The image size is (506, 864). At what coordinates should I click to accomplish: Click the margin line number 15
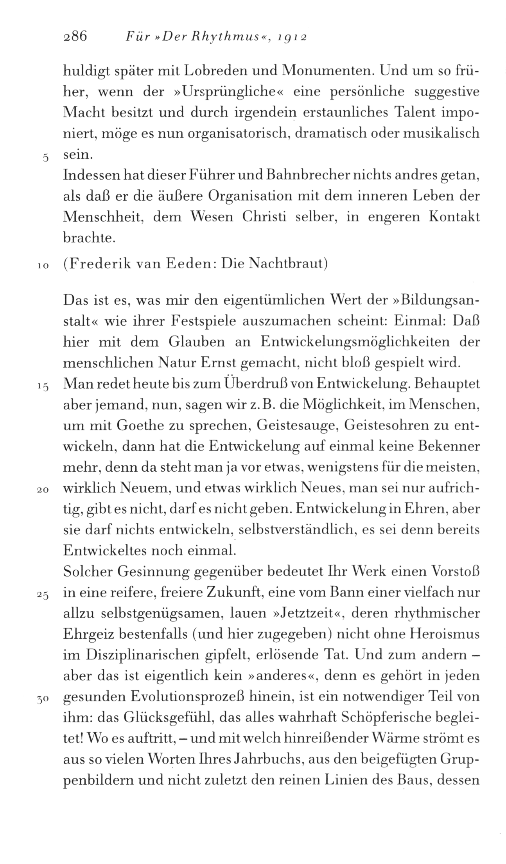(x=43, y=386)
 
